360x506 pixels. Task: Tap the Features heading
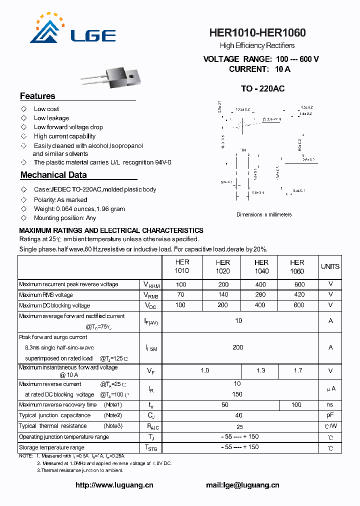[x=37, y=96]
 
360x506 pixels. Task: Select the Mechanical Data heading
[x=53, y=175]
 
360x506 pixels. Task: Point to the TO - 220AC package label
[x=262, y=88]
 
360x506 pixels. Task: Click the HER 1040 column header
[x=261, y=266]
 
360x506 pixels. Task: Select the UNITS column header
[x=330, y=266]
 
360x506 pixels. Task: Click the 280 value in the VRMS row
[x=260, y=295]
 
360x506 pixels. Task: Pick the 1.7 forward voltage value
[x=298, y=370]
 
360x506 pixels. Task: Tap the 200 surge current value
[x=238, y=347]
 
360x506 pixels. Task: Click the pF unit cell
[x=330, y=415]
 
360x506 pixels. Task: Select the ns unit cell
[x=330, y=404]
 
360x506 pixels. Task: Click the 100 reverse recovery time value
[x=296, y=404]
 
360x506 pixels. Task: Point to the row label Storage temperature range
[x=51, y=447]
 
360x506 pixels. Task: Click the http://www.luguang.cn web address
[x=114, y=485]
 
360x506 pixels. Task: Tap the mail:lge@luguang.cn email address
[x=242, y=485]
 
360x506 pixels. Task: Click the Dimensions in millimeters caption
[x=264, y=214]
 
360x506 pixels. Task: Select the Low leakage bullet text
[x=51, y=118]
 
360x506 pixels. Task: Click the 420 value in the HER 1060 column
[x=299, y=295]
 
